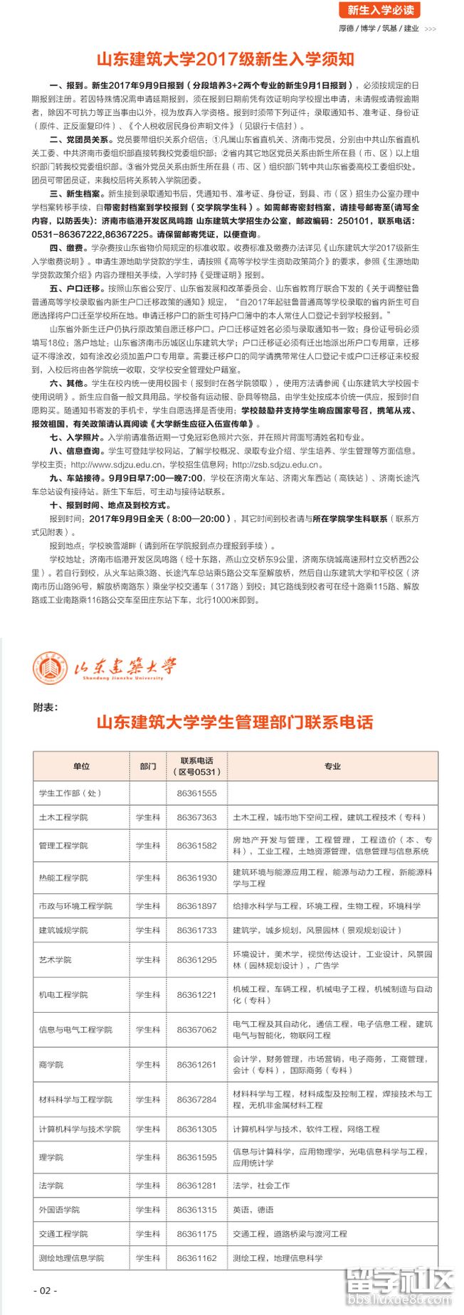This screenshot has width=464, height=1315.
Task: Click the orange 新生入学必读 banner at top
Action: point(381,10)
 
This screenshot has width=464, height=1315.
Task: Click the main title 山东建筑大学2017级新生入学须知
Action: point(225,59)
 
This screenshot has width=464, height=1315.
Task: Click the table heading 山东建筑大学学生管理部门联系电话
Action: point(235,723)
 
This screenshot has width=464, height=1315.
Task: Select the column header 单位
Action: point(81,766)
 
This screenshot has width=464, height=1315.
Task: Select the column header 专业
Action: point(332,766)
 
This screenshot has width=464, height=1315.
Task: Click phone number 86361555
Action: point(196,793)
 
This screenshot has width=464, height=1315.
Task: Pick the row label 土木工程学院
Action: point(63,817)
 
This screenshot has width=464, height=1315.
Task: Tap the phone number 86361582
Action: point(196,846)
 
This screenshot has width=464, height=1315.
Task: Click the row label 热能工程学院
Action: point(63,878)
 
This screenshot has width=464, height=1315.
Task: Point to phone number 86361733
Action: point(196,930)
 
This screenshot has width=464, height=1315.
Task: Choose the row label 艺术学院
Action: point(55,959)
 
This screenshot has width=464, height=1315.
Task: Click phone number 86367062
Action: point(196,1029)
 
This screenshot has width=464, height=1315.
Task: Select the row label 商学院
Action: point(51,1065)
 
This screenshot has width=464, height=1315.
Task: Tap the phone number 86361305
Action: point(196,1129)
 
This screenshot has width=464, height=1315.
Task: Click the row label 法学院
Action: point(51,1186)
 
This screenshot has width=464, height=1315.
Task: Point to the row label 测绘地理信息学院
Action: point(71,1258)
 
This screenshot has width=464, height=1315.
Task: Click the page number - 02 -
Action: point(45,1290)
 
